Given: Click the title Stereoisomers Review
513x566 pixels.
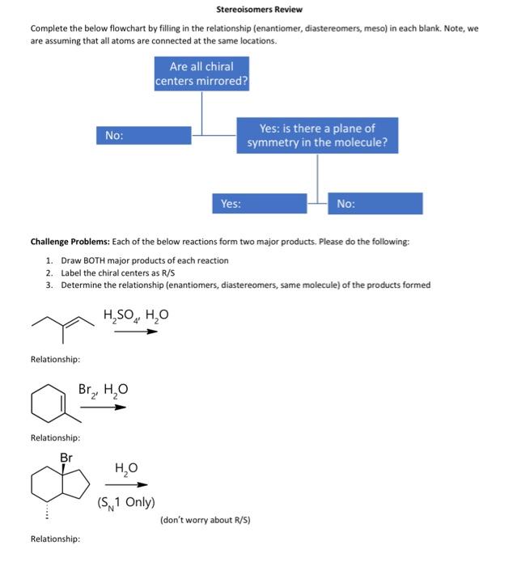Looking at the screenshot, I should [x=259, y=10].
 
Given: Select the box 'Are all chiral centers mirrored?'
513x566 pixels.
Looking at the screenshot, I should [x=201, y=74].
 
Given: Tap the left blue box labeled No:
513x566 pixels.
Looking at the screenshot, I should [x=144, y=136].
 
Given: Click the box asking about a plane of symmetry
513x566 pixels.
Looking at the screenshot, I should [x=317, y=136].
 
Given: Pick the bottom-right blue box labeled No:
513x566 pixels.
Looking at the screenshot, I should [x=375, y=204].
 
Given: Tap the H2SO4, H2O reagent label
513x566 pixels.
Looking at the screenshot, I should [x=135, y=314].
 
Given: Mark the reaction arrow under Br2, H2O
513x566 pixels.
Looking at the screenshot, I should [x=103, y=407].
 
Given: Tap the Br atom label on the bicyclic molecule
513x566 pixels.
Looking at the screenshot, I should [x=66, y=458].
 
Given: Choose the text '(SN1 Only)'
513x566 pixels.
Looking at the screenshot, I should [x=125, y=502].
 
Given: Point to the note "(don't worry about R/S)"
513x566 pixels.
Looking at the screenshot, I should [x=205, y=519].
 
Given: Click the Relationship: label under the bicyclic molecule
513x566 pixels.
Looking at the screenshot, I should [x=54, y=539].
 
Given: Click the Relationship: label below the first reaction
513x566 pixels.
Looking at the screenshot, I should [x=54, y=358].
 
